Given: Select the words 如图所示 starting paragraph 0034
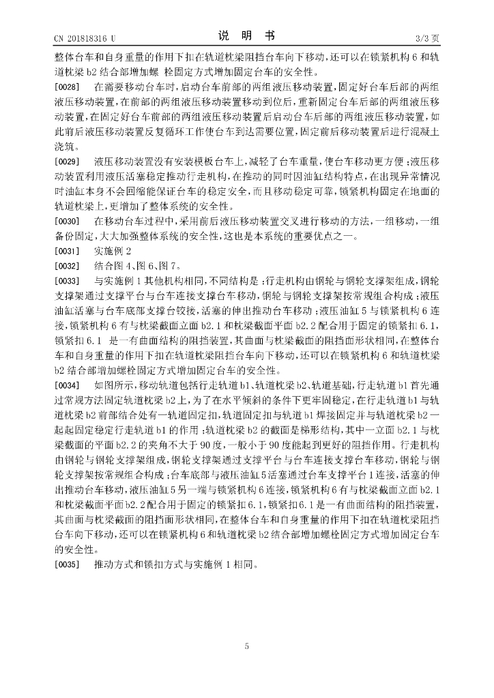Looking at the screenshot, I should (x=112, y=386).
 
